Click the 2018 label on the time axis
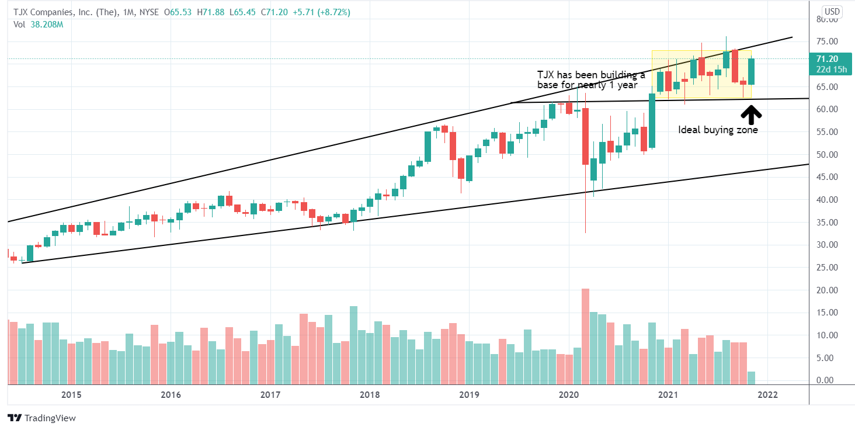(370, 395)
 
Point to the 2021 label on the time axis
(668, 395)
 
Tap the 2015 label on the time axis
(71, 395)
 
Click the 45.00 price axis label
(828, 177)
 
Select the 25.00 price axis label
(828, 268)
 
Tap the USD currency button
(832, 11)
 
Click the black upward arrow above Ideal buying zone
(751, 114)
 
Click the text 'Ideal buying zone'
(718, 130)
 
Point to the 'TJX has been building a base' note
(591, 79)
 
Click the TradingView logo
(41, 418)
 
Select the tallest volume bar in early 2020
(585, 336)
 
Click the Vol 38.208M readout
(39, 24)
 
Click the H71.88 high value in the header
(208, 12)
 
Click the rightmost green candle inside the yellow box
(751, 71)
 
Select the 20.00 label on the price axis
(828, 290)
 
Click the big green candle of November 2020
(651, 120)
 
